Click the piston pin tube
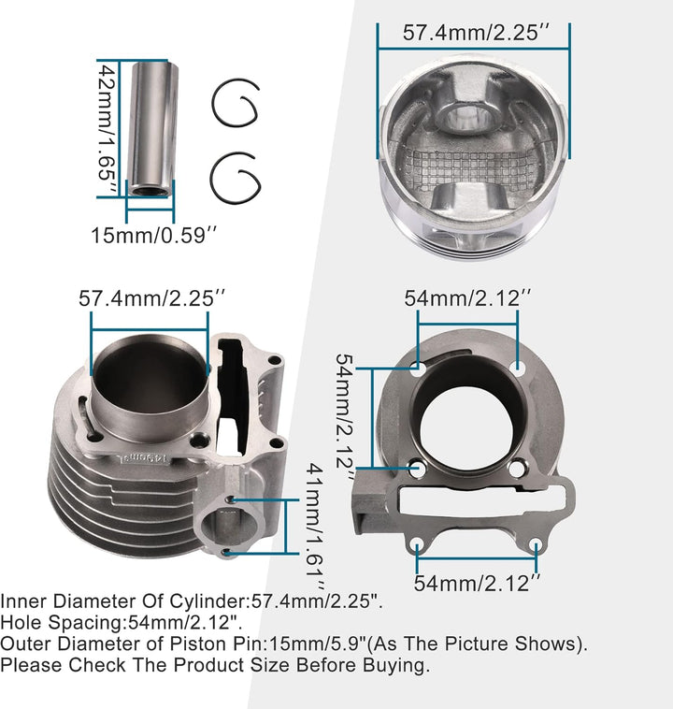click(x=151, y=129)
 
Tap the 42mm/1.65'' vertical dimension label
click(x=107, y=128)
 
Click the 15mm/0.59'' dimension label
click(x=154, y=235)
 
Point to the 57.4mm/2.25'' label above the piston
click(x=477, y=33)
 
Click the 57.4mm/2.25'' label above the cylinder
click(x=151, y=298)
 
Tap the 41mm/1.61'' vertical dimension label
click(x=315, y=527)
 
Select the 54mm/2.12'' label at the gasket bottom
click(x=478, y=583)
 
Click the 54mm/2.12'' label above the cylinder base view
click(x=467, y=298)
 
